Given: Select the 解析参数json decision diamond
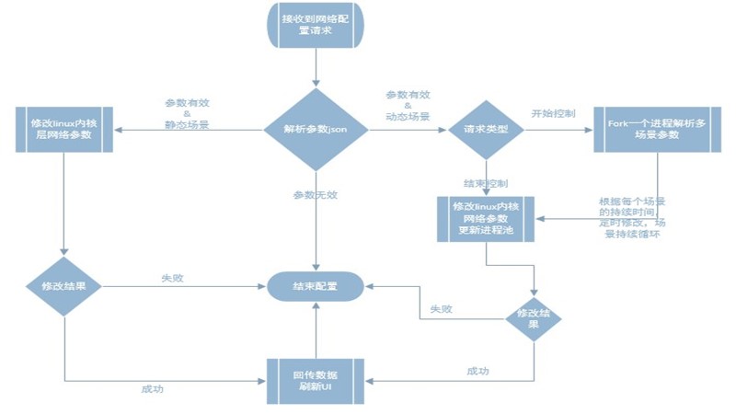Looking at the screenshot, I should click(316, 130).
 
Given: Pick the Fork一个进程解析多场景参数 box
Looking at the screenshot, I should click(656, 130).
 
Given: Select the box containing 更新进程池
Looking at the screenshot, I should click(486, 218).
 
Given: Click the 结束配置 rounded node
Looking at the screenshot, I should click(316, 285).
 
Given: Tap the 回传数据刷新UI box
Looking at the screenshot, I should click(316, 378).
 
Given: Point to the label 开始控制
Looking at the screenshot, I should click(552, 113).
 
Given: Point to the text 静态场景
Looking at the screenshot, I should click(187, 124).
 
